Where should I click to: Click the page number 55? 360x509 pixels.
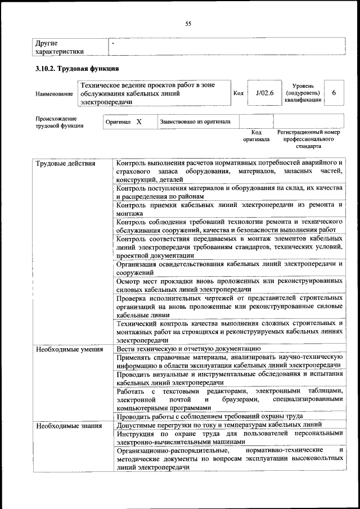(x=188, y=23)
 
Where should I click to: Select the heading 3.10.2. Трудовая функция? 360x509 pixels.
(x=76, y=69)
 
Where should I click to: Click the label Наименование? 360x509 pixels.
(x=54, y=93)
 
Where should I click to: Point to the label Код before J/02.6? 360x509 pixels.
(x=238, y=93)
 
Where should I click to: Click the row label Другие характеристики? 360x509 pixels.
(x=60, y=47)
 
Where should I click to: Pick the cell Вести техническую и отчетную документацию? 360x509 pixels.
(x=188, y=349)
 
